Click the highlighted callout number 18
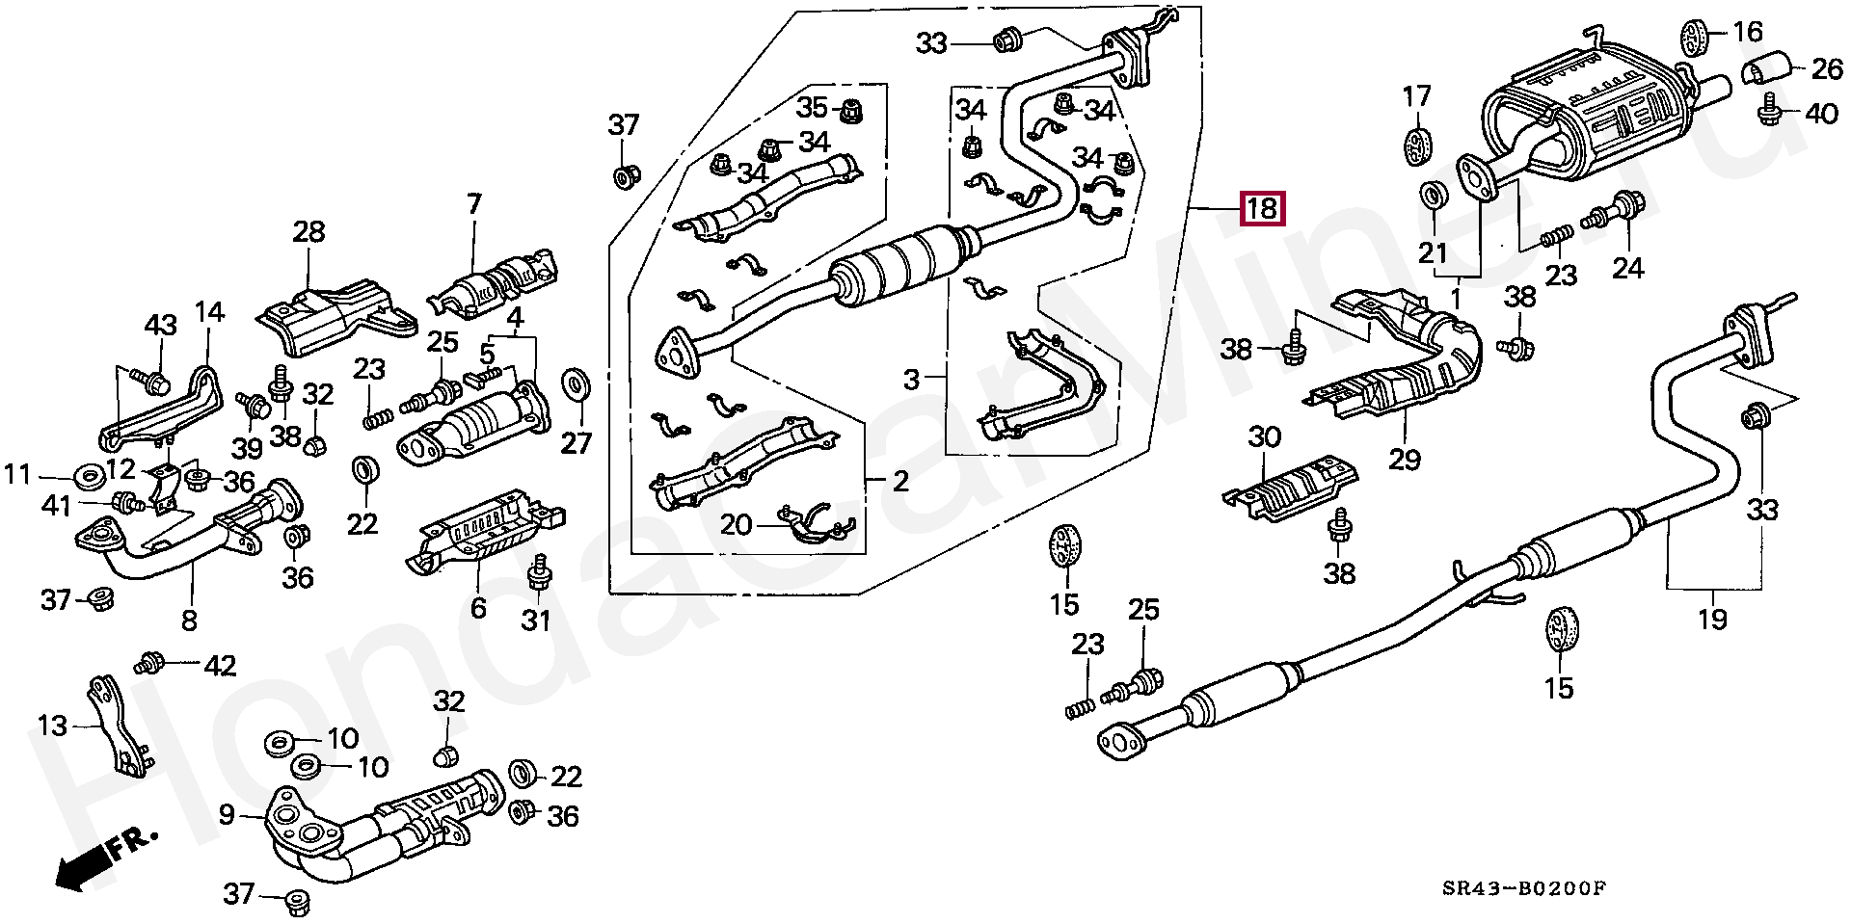pos(1262,208)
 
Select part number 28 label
pos(309,232)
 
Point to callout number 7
pos(473,204)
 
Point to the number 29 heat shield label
pos(1405,460)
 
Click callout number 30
pos(1265,438)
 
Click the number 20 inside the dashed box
pos(736,525)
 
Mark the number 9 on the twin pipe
pos(227,816)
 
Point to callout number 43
pos(161,326)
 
